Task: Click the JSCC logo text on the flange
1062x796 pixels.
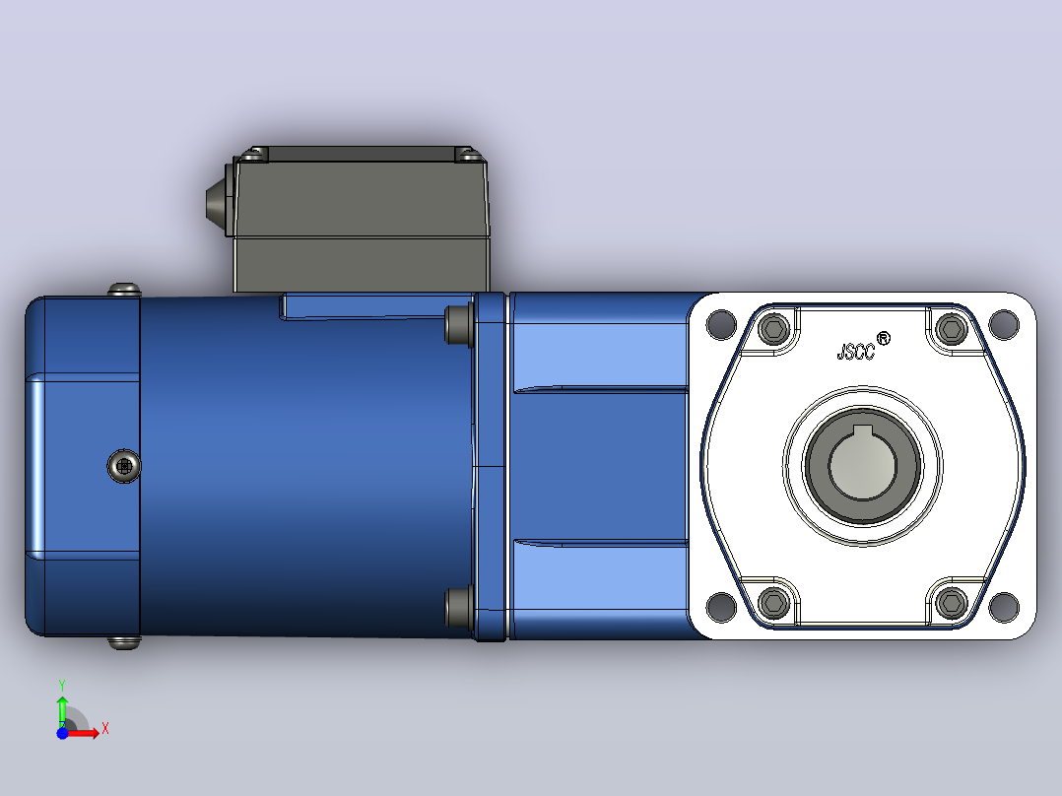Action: [x=856, y=352]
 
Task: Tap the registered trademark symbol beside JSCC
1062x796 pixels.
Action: [x=883, y=338]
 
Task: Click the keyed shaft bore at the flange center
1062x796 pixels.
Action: [x=862, y=465]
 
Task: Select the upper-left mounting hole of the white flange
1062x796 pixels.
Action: [x=721, y=324]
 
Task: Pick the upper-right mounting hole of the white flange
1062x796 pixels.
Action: [x=1004, y=324]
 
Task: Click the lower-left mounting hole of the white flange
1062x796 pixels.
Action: [x=721, y=606]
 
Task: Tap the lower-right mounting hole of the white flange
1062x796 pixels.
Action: [x=1004, y=606]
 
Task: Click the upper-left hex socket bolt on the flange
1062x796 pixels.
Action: [x=773, y=329]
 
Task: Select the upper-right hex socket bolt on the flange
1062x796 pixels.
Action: [x=952, y=329]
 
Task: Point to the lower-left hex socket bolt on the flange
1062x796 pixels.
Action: [x=773, y=602]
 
